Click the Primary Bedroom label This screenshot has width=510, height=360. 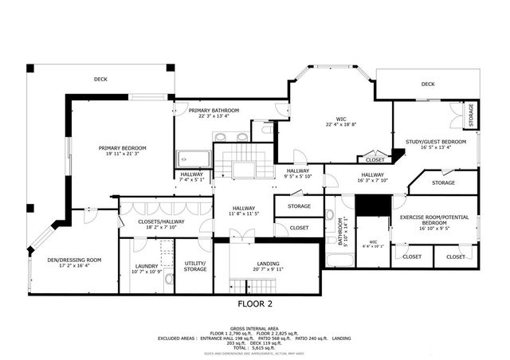pyautogui.click(x=121, y=147)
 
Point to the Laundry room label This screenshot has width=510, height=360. pyautogui.click(x=147, y=267)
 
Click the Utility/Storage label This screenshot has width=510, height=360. pyautogui.click(x=195, y=267)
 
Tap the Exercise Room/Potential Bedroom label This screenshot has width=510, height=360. pyautogui.click(x=433, y=221)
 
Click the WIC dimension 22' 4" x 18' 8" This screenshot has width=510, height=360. pyautogui.click(x=340, y=124)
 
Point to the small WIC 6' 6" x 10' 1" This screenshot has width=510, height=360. pyautogui.click(x=374, y=246)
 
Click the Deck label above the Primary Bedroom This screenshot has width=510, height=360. pyautogui.click(x=101, y=79)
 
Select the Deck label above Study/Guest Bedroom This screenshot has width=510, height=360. pyautogui.click(x=428, y=84)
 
